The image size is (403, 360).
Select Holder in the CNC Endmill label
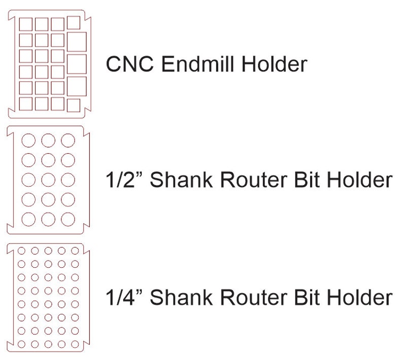[276, 65]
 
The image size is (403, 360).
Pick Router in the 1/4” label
[260, 297]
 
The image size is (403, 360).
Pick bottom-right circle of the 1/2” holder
[68, 219]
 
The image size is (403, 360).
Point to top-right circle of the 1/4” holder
[75, 250]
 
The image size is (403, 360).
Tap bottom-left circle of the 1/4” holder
[22, 344]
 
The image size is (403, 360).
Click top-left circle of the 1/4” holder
[22, 250]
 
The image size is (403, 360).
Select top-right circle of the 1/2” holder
[68, 139]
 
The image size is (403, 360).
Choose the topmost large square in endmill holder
[77, 43]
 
